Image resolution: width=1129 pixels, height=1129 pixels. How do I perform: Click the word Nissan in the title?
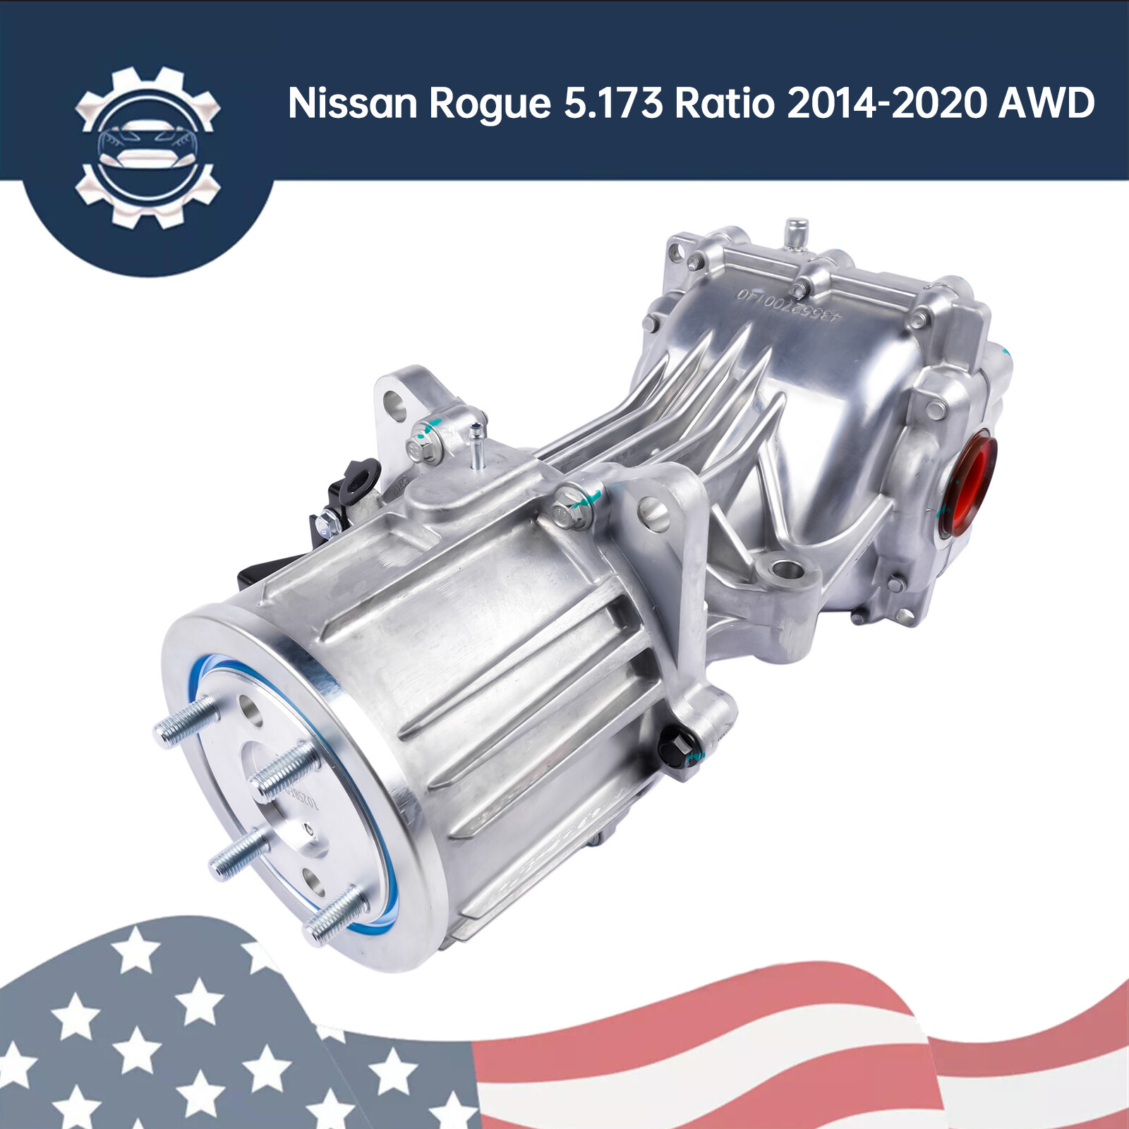[x=353, y=103]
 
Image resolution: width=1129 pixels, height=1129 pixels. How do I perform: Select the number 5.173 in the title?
[x=613, y=103]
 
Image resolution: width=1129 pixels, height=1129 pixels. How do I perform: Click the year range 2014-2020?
[x=886, y=103]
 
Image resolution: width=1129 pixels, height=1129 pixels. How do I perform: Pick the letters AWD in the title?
[x=1046, y=103]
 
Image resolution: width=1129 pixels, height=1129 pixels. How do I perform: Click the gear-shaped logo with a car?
[x=147, y=147]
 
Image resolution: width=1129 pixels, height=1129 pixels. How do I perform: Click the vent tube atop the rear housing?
[x=795, y=234]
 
